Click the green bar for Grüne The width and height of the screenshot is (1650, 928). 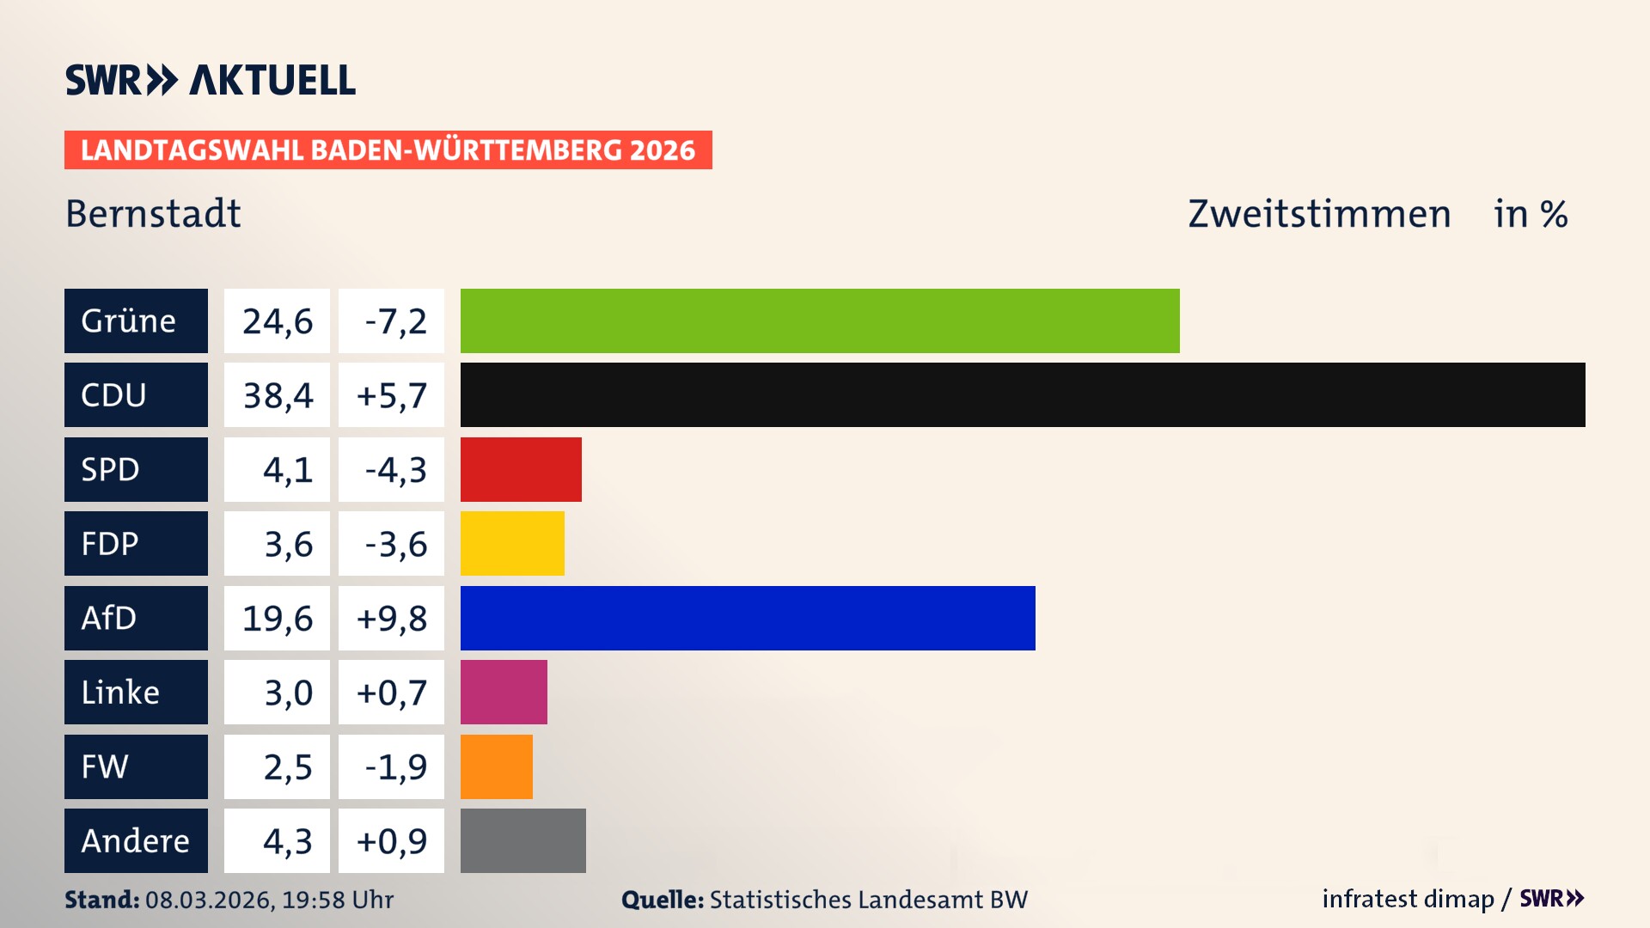pos(820,321)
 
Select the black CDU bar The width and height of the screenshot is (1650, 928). pos(1023,395)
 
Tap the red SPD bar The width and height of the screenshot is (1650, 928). pos(521,469)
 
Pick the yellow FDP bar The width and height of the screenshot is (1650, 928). pos(512,543)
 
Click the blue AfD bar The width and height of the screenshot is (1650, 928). pos(748,618)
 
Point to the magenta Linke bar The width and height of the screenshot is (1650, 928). pos(504,692)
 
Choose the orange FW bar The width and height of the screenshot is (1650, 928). pos(496,766)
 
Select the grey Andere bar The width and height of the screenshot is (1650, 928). pos(522,840)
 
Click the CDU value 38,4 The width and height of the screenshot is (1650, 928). pos(278,395)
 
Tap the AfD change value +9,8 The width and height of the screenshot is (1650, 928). pos(392,618)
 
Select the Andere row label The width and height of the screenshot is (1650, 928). pos(136,840)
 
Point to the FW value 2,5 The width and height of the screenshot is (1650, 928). pos(287,766)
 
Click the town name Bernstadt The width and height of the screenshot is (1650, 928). pos(153,213)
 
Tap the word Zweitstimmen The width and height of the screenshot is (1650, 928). pos(1319,213)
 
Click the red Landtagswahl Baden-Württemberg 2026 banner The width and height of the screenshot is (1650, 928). pos(388,150)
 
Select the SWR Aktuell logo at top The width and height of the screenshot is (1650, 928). pos(210,80)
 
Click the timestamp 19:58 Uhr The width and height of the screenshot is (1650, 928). pos(337,900)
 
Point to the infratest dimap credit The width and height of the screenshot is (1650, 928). pos(1408,899)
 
